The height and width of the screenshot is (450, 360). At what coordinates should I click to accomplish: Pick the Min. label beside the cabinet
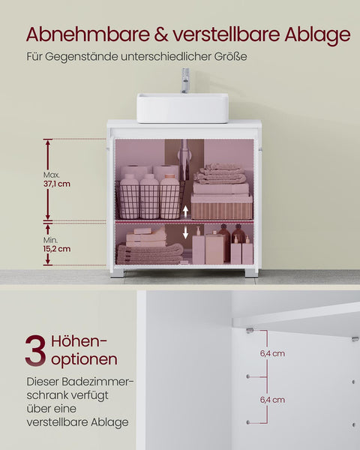click(50, 239)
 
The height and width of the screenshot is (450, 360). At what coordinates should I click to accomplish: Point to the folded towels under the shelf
click(149, 253)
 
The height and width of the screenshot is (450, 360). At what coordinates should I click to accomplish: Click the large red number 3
click(35, 352)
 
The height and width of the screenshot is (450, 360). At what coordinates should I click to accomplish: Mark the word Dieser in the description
click(43, 381)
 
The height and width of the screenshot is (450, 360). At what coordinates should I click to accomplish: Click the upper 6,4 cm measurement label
click(273, 353)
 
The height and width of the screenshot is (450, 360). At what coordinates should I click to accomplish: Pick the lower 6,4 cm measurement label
click(273, 400)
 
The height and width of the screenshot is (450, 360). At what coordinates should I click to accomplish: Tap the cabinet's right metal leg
click(250, 273)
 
